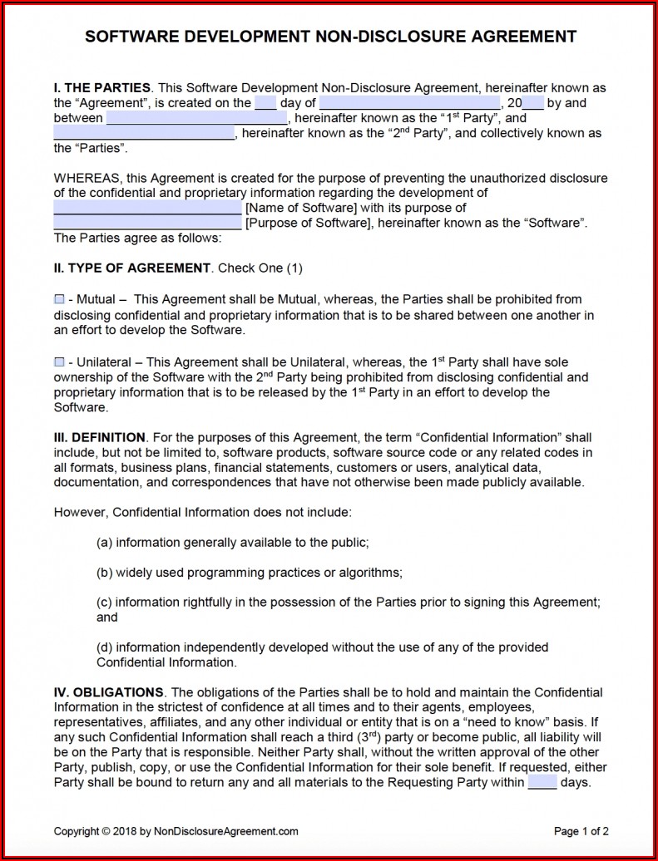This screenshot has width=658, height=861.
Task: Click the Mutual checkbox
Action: tap(59, 299)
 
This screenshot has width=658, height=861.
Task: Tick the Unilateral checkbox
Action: tap(59, 362)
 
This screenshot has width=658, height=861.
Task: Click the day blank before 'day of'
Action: tap(265, 103)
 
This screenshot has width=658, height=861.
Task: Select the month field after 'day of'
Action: tap(409, 103)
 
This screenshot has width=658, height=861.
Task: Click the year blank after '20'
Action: tap(533, 103)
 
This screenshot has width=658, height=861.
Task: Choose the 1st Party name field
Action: tap(194, 118)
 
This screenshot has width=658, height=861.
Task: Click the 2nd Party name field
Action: tap(144, 133)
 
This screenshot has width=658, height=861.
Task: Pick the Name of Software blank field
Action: tap(147, 208)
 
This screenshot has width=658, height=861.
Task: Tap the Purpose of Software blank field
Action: tap(147, 223)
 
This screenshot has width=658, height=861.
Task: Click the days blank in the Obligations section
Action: tap(542, 782)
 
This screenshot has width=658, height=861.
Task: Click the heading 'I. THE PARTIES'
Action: tap(102, 88)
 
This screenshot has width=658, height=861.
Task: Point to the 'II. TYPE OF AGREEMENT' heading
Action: tap(132, 268)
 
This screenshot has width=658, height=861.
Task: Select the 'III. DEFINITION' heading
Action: tap(100, 437)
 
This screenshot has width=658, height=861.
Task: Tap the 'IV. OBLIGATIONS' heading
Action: tap(108, 692)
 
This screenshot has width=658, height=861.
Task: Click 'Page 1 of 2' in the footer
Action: tap(581, 831)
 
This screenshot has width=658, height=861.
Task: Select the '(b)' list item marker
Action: tap(105, 572)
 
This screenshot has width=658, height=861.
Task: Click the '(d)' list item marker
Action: tap(105, 647)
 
